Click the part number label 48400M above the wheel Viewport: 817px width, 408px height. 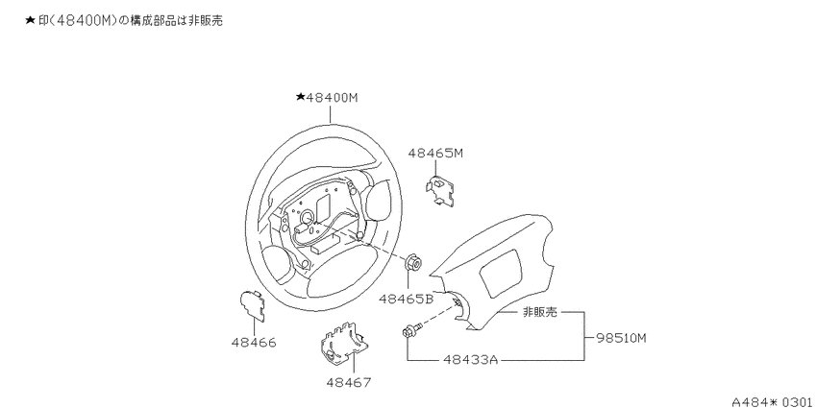332,97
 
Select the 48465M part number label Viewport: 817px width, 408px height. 435,153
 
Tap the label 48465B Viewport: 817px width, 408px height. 407,299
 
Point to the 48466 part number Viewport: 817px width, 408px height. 254,343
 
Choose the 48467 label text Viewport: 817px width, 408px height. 349,382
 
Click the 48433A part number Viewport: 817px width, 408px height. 471,359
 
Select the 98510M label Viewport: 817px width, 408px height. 621,338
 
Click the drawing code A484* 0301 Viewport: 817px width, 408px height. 772,401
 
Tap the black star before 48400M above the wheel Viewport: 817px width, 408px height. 300,97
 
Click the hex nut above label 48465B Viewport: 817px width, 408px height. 413,262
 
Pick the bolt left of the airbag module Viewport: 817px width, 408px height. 412,330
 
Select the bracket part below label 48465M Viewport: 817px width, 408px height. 440,189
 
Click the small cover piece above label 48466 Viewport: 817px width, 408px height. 252,304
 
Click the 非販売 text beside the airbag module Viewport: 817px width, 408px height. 540,312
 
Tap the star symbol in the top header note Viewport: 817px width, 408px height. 30,20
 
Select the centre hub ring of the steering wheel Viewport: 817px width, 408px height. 307,217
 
